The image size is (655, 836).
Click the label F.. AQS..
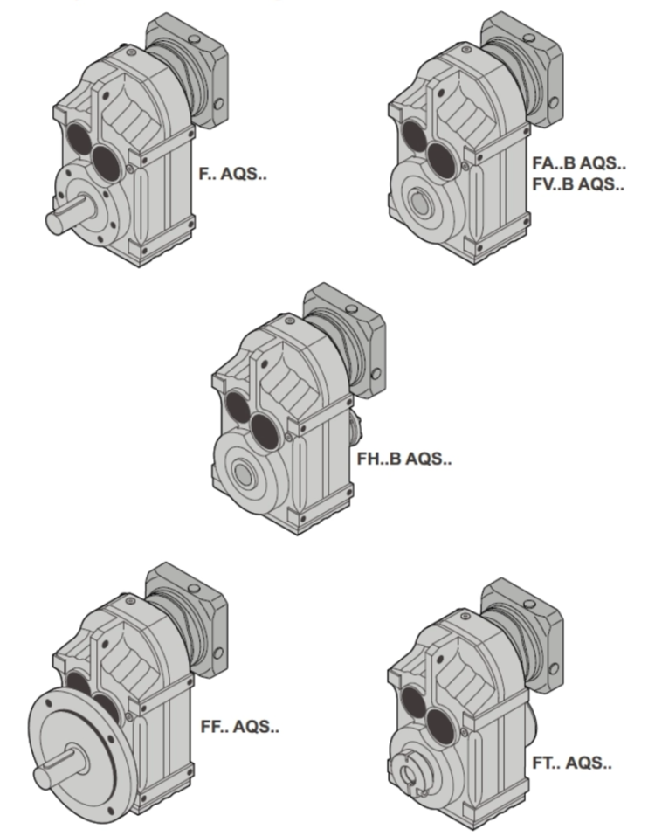coord(232,173)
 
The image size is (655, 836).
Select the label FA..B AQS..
coord(579,163)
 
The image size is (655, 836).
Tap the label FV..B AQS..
coord(578,184)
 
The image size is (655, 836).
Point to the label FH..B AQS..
coord(404,459)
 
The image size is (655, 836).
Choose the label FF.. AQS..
coord(240,726)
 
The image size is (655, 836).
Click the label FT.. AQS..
coord(572,763)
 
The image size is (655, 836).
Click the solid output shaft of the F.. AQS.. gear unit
coord(68,214)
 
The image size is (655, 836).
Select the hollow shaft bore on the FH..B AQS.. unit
coord(243,473)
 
